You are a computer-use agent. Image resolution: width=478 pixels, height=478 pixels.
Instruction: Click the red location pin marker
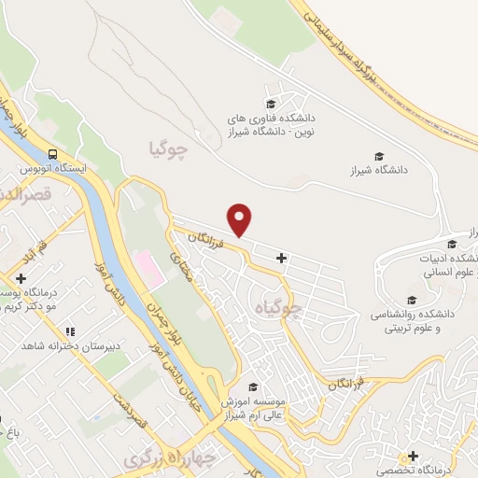[241, 219]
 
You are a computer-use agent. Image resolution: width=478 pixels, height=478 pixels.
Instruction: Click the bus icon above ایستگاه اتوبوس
[53, 154]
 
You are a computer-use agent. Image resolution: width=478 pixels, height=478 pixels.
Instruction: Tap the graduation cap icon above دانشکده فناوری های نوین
[271, 104]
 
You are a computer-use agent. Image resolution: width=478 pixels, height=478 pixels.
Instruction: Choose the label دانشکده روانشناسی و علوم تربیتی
[412, 321]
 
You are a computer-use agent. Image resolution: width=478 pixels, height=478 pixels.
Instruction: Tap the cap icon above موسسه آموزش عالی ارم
[251, 387]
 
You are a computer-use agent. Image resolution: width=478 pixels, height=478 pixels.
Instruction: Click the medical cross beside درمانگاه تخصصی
[412, 455]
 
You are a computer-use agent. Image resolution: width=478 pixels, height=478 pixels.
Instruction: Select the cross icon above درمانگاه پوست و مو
[21, 279]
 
